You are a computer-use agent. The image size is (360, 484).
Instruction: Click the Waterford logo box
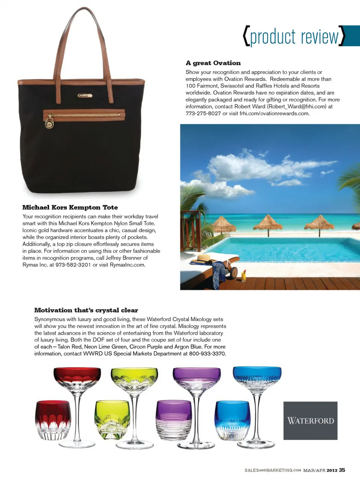(310, 421)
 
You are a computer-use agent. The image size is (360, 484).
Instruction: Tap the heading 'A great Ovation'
(213, 63)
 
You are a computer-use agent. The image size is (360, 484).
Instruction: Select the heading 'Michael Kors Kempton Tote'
(70, 207)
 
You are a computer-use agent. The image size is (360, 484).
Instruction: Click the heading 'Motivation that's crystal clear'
(86, 310)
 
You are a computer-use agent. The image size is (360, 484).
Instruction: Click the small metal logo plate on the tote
(85, 96)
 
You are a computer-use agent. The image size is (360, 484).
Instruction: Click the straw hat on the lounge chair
(202, 259)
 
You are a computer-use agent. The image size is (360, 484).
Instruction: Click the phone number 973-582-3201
(73, 265)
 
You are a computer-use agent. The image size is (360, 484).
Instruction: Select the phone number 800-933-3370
(207, 354)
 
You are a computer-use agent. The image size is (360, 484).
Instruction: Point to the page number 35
(342, 470)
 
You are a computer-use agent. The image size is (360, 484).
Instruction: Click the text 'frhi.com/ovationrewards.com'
(274, 113)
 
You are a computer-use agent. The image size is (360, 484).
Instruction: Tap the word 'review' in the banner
(319, 37)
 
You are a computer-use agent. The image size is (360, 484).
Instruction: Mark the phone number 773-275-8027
(203, 113)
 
